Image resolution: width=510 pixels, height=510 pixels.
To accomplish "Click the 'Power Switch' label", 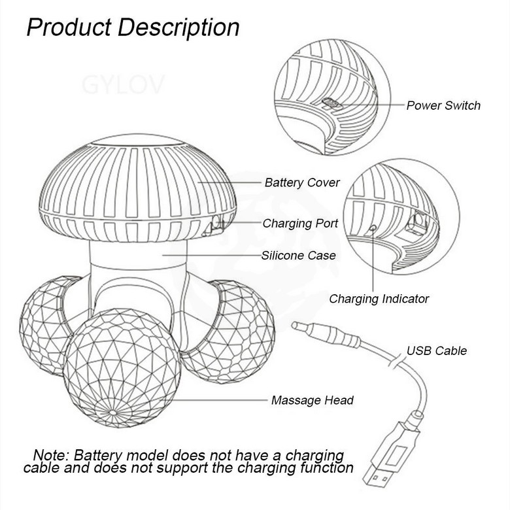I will pos(443,105).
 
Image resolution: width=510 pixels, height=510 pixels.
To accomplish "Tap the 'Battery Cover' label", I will pos(302,182).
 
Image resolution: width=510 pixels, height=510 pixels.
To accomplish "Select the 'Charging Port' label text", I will pos(300,224).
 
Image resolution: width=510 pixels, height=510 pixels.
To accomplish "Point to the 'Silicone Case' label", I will pos(298,255).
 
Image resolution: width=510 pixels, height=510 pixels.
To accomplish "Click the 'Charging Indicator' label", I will pos(379,299).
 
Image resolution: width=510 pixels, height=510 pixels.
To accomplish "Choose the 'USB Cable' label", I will pos(437,350).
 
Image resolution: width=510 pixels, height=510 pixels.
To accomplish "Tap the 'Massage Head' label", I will pos(312,400).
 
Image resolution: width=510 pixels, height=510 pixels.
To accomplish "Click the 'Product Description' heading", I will pos(133,27).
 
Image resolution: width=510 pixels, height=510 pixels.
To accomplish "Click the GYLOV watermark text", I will pos(124,85).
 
